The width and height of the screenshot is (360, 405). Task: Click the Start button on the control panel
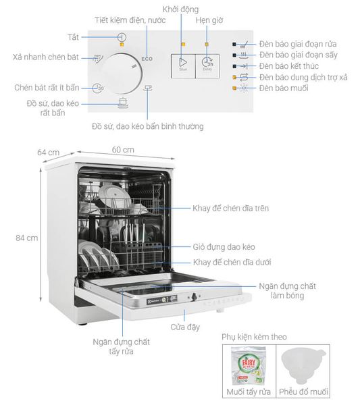pos(182,63)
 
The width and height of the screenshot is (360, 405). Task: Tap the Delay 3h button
pos(207,63)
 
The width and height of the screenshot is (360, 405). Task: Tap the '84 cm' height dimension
pos(27,238)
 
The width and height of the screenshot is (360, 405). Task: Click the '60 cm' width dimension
pos(123,149)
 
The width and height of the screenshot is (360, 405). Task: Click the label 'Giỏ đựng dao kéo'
pos(222,247)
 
